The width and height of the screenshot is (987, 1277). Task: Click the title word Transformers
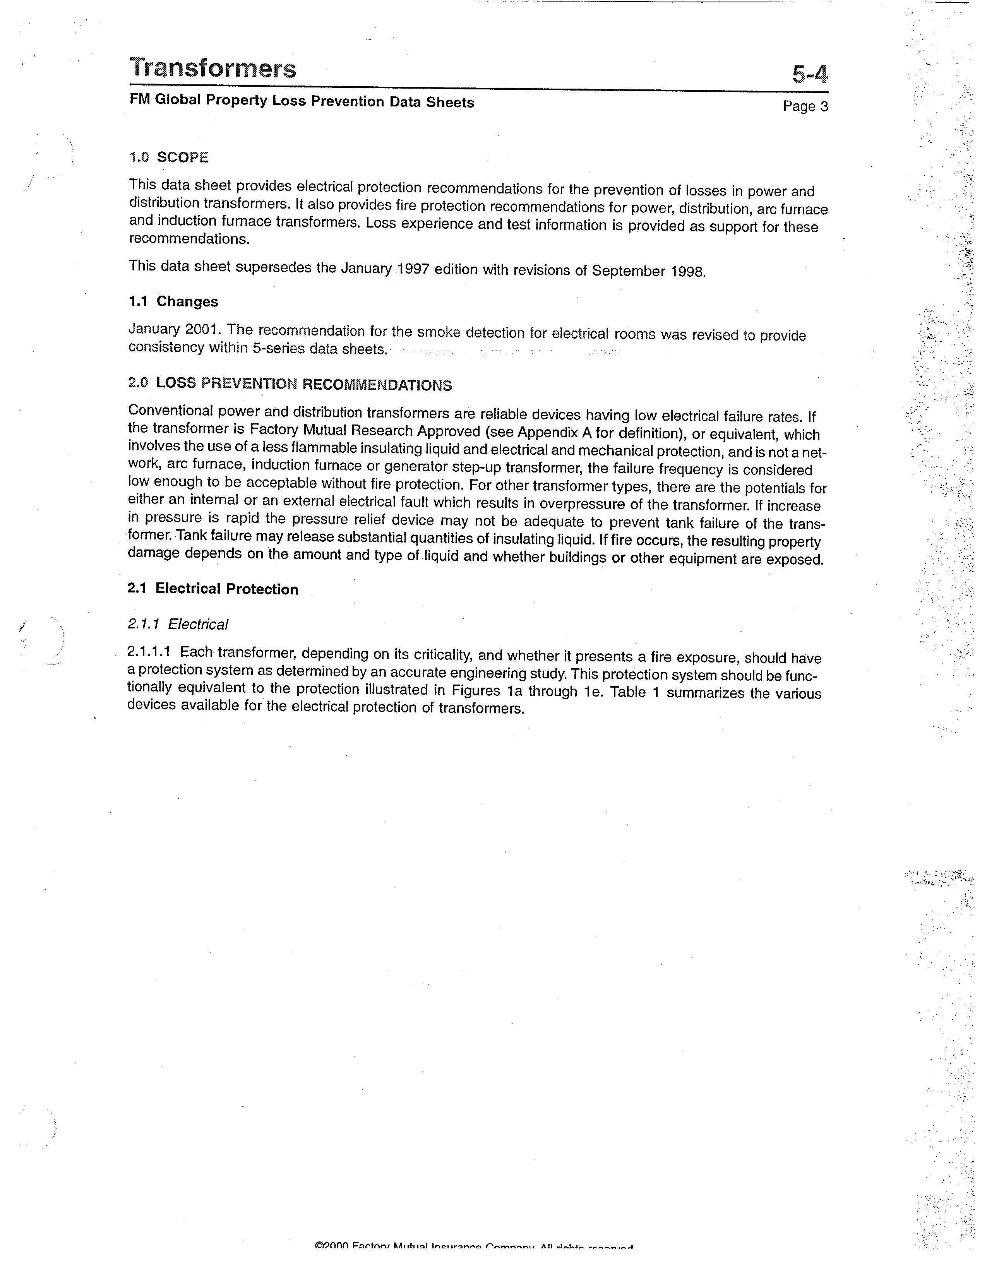[213, 68]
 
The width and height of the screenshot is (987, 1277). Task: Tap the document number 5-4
[810, 75]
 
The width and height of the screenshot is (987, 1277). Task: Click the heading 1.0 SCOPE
[168, 157]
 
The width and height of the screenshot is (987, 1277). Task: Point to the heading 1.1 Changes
[173, 302]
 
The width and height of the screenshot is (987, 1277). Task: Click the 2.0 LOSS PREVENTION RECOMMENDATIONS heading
[290, 384]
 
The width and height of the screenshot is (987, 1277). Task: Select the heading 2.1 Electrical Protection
[212, 589]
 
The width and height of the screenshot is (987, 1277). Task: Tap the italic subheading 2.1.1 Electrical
[178, 625]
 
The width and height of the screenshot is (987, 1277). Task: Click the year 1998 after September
[688, 272]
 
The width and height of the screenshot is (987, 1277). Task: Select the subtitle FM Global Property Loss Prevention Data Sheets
[302, 101]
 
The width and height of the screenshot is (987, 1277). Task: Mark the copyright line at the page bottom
[474, 1263]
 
